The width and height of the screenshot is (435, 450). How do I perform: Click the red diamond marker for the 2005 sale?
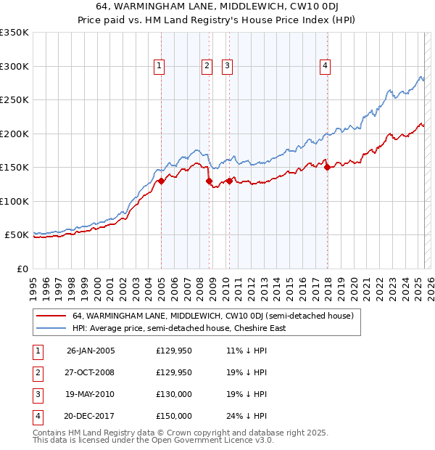162,181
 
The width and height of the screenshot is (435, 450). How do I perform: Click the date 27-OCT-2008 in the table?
91,372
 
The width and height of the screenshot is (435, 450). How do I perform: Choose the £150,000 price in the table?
174,416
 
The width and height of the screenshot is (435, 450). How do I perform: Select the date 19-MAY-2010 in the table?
91,394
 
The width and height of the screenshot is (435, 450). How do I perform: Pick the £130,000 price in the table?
174,394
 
